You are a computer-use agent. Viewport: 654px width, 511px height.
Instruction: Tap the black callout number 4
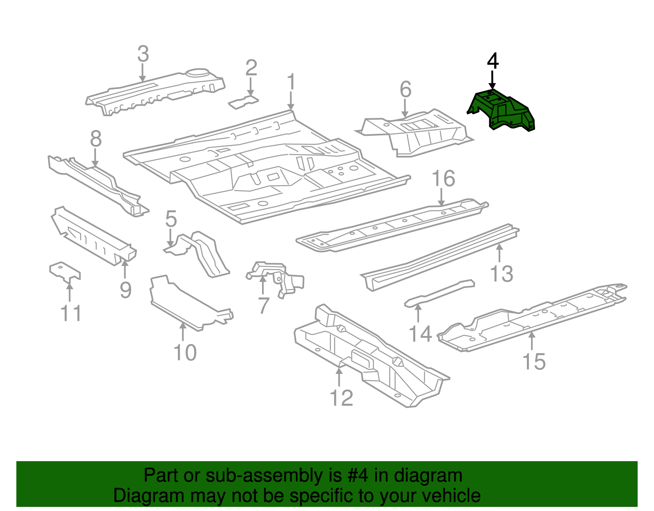click(493, 61)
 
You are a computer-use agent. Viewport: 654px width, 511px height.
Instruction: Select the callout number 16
click(443, 179)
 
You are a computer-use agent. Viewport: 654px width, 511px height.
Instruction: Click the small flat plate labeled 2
click(243, 102)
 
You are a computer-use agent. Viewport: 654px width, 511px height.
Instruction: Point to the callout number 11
click(71, 313)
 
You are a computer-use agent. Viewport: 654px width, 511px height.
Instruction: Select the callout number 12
click(341, 398)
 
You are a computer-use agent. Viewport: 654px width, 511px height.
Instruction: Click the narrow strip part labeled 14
click(439, 293)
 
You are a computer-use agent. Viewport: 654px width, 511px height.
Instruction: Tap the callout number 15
click(534, 361)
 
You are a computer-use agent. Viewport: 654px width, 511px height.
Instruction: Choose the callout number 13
click(502, 274)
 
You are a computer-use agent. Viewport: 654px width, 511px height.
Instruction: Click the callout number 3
click(143, 54)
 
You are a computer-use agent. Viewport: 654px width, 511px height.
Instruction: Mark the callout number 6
click(405, 90)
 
